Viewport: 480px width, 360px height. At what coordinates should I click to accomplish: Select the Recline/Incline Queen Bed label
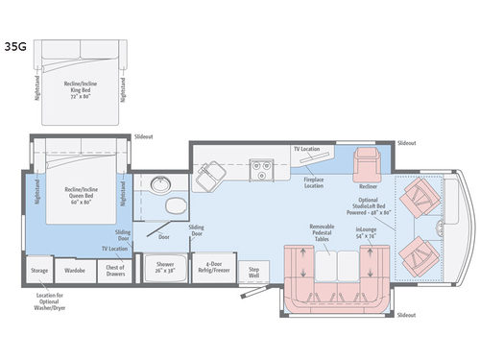(77, 195)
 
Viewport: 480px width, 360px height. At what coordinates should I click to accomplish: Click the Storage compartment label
(38, 272)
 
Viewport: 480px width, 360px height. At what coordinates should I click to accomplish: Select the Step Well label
(253, 272)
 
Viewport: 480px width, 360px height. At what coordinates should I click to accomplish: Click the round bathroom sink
(158, 185)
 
